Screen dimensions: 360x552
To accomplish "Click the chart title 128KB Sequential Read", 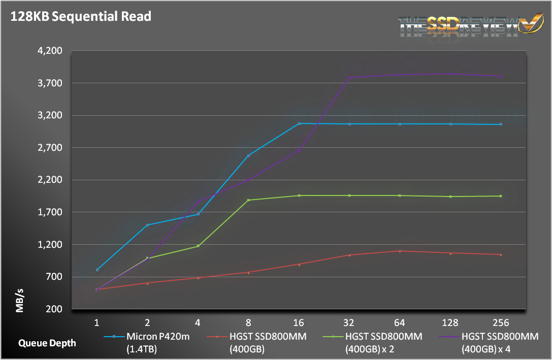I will (x=80, y=16).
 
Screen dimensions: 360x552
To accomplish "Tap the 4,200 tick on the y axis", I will (x=50, y=51).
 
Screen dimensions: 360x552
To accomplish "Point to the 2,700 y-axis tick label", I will (x=50, y=148).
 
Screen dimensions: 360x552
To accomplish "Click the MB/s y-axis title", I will (x=20, y=300).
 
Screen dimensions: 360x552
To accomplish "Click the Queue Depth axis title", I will (x=47, y=343).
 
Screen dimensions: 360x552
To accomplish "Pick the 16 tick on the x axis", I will (x=299, y=323).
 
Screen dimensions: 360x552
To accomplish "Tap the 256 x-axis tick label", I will (x=501, y=323).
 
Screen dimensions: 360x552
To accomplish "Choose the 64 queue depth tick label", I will (x=400, y=323).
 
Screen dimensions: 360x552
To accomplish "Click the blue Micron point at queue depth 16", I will (x=299, y=123).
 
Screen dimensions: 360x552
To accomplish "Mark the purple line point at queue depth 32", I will (x=349, y=77).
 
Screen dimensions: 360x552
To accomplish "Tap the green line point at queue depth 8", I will (x=249, y=200).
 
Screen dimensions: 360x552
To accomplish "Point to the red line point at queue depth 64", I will (x=400, y=251).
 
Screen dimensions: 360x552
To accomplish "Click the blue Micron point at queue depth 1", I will (x=97, y=270).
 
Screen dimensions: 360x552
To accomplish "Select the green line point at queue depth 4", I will (x=198, y=246).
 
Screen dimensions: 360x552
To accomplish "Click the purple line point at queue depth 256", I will (x=501, y=77).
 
